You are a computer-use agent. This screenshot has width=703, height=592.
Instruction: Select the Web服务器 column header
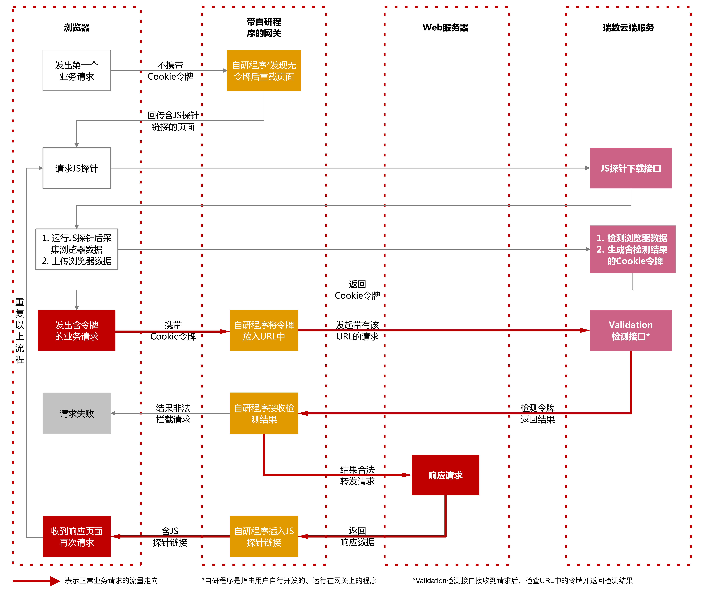445,28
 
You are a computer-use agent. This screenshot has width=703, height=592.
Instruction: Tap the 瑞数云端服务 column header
628,28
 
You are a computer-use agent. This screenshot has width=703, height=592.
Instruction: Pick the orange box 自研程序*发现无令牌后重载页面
264,71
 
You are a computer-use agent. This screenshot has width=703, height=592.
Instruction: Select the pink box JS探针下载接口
631,168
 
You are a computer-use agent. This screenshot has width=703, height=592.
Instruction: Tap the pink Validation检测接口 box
631,330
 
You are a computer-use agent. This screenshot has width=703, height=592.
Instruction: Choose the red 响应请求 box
445,475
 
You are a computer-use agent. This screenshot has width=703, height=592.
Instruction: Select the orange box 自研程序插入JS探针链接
264,536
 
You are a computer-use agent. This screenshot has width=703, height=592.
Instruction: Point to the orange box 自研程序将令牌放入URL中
264,330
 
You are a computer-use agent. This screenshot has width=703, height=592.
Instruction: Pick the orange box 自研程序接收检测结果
264,413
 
